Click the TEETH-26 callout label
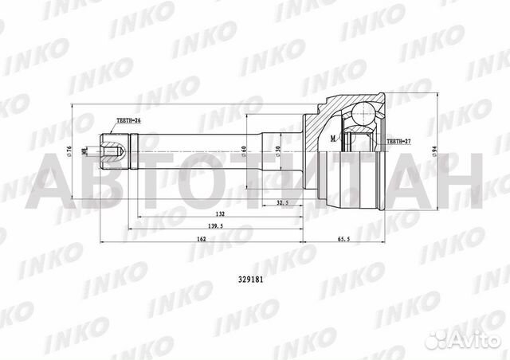(128, 120)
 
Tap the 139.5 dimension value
(214, 227)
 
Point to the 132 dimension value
(219, 215)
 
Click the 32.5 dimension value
(282, 204)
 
